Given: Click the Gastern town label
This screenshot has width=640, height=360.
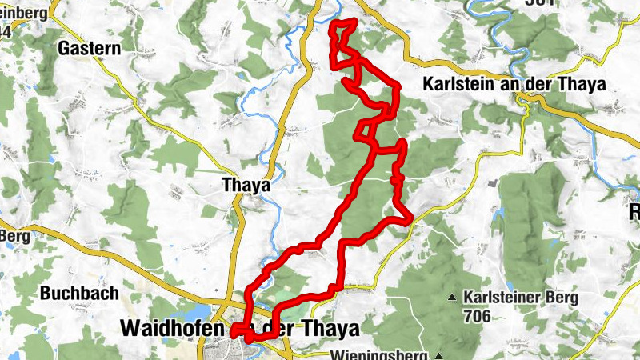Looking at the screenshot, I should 89,48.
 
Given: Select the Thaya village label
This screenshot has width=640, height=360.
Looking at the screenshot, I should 245,185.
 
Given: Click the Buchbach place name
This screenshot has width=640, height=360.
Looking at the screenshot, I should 79,293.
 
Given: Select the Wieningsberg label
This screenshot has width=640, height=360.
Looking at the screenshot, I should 382,354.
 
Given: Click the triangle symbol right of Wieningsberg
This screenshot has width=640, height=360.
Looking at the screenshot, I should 439,354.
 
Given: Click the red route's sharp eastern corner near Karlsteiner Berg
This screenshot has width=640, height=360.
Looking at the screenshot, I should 410,216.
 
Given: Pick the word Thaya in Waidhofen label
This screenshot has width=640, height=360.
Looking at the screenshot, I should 334,328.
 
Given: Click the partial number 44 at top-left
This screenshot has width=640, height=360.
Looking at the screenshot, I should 5,30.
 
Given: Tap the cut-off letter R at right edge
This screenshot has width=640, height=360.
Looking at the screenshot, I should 634,212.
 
